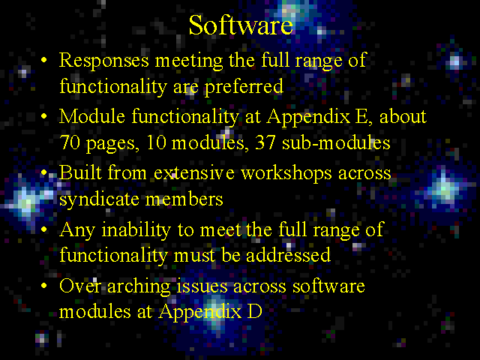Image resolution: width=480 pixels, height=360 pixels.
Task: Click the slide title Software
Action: [241, 25]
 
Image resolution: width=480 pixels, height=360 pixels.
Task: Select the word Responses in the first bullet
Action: [103, 61]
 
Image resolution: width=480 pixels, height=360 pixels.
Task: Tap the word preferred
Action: [244, 87]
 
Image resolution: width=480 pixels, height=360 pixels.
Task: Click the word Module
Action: [92, 117]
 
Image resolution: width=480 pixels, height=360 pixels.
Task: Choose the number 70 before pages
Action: [70, 142]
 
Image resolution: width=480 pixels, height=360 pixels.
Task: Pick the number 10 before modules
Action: [156, 142]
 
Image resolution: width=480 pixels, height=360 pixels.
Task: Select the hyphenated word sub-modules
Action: [336, 142]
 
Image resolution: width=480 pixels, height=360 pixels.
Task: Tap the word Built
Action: [80, 172]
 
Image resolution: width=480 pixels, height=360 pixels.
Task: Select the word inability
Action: [136, 230]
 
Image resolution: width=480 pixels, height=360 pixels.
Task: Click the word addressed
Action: [288, 255]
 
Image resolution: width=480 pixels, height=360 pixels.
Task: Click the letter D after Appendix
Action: [254, 312]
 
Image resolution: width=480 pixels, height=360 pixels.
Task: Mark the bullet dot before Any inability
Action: [44, 229]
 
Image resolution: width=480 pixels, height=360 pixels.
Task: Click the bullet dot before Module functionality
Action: [44, 116]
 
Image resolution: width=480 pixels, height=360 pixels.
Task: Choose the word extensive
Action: [194, 172]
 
